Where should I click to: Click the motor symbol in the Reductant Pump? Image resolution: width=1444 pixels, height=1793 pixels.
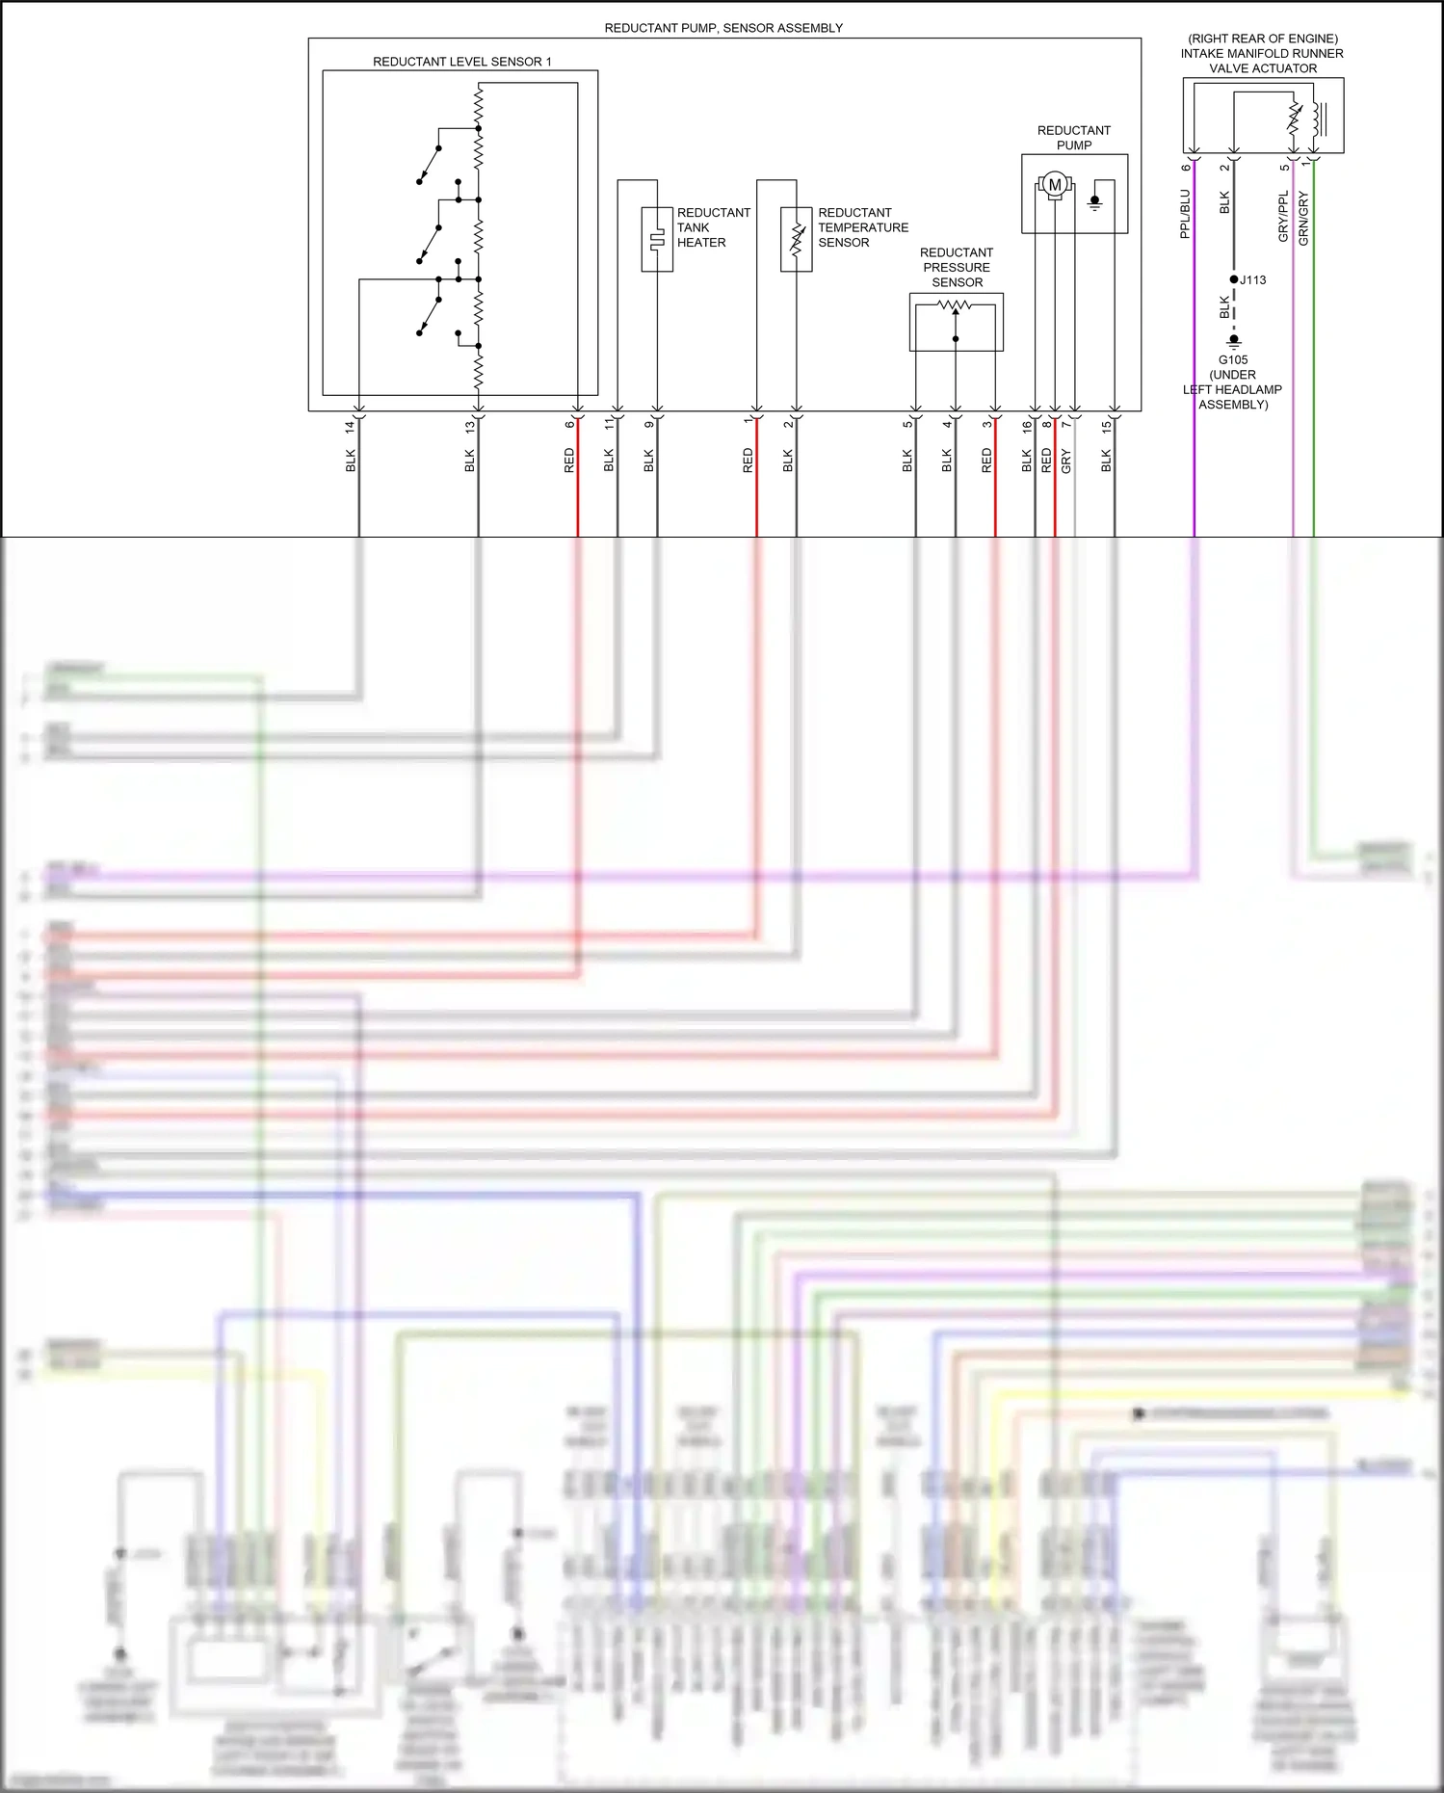click(x=1055, y=184)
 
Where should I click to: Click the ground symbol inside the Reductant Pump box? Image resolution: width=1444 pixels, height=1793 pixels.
click(x=1094, y=202)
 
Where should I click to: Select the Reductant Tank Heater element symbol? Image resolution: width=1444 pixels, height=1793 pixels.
click(x=657, y=239)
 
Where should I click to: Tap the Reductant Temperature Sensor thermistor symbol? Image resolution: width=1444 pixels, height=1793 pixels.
click(x=797, y=239)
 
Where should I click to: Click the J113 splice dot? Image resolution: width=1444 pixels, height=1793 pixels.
click(x=1234, y=279)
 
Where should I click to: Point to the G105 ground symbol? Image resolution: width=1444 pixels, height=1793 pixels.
click(x=1234, y=340)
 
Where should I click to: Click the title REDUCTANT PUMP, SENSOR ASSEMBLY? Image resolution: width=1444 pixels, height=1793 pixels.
click(x=723, y=28)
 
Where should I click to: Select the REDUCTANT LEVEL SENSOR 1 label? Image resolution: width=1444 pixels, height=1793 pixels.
click(x=461, y=62)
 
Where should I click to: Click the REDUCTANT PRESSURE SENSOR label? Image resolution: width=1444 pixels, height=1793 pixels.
click(x=957, y=268)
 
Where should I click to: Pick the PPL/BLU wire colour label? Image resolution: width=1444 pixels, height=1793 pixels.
click(x=1185, y=213)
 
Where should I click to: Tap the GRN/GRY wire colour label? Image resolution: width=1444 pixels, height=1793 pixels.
click(x=1303, y=219)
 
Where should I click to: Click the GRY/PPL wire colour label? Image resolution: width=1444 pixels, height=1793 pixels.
click(x=1283, y=217)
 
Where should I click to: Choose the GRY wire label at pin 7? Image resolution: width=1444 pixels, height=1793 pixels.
click(x=1066, y=461)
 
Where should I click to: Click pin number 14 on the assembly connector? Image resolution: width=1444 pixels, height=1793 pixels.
click(x=351, y=425)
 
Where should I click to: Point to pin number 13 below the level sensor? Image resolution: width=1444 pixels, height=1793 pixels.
click(x=470, y=425)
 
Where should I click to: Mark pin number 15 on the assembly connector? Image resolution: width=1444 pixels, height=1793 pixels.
click(x=1107, y=425)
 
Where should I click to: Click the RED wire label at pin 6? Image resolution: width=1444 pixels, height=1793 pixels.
click(x=569, y=461)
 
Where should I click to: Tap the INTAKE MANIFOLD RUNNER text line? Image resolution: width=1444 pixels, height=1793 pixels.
click(x=1262, y=54)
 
